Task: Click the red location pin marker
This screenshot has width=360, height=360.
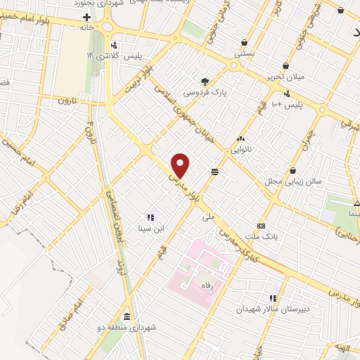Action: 181,165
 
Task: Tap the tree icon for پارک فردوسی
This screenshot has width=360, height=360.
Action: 205,82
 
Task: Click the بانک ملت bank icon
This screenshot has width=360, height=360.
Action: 262,226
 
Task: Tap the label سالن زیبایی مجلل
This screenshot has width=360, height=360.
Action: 298,181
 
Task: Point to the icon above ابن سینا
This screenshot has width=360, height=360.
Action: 150,217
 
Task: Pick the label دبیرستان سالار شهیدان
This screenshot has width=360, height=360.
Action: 273,309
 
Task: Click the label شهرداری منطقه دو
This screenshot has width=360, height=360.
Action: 141,327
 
